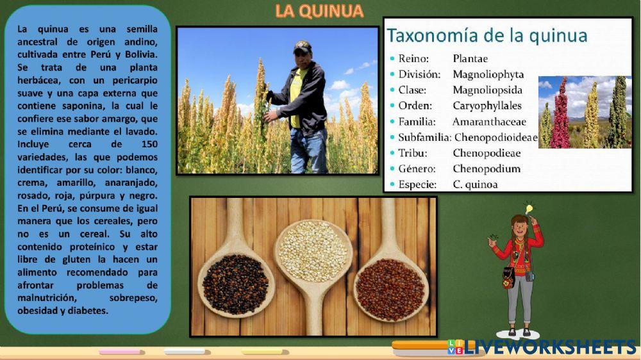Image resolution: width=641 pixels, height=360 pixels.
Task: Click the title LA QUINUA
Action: tap(319, 11)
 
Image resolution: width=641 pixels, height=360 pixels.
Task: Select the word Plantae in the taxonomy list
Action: tap(470, 58)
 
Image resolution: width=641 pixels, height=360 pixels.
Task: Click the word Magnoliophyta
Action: tap(488, 74)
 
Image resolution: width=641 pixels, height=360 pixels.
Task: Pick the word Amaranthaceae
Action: tap(488, 121)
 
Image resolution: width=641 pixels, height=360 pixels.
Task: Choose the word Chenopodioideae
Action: tap(495, 137)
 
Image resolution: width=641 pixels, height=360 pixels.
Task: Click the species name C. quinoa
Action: tap(475, 184)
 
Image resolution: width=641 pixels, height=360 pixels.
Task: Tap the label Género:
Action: tap(417, 169)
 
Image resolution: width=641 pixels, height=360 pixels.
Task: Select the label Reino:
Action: tap(413, 58)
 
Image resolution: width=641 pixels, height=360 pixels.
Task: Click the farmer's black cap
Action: tap(302, 47)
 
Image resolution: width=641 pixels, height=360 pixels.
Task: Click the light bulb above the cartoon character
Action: tap(529, 208)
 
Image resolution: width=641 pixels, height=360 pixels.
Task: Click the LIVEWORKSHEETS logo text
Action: tap(549, 347)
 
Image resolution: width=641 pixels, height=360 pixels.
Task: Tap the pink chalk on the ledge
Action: tap(119, 352)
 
